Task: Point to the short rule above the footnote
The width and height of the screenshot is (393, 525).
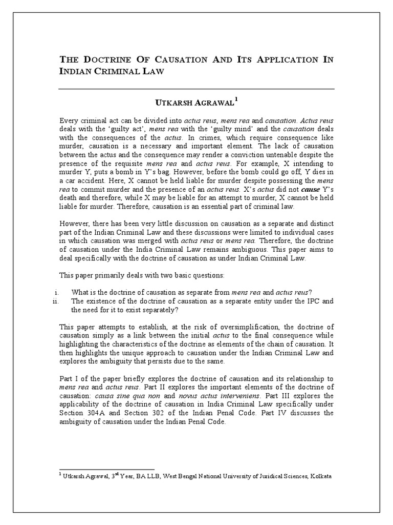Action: point(107,469)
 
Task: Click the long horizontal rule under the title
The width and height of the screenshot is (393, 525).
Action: point(196,89)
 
